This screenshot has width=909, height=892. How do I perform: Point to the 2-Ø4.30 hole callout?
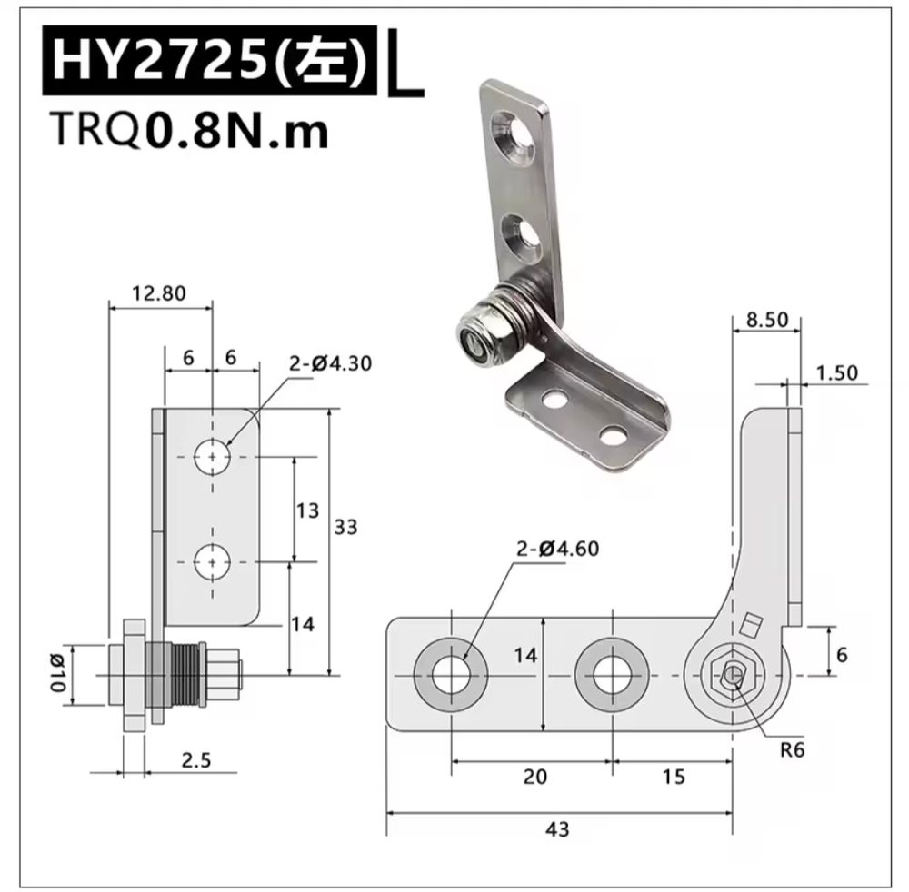tap(331, 364)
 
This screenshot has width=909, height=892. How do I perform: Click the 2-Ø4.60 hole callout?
tap(558, 549)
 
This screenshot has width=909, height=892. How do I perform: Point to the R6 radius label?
tap(792, 750)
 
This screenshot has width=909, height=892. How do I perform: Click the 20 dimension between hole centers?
tap(535, 777)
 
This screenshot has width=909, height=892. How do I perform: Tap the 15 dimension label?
tap(674, 777)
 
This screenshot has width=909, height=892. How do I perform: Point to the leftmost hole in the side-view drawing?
tap(450, 674)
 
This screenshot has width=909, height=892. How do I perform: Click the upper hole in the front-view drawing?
tap(212, 458)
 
